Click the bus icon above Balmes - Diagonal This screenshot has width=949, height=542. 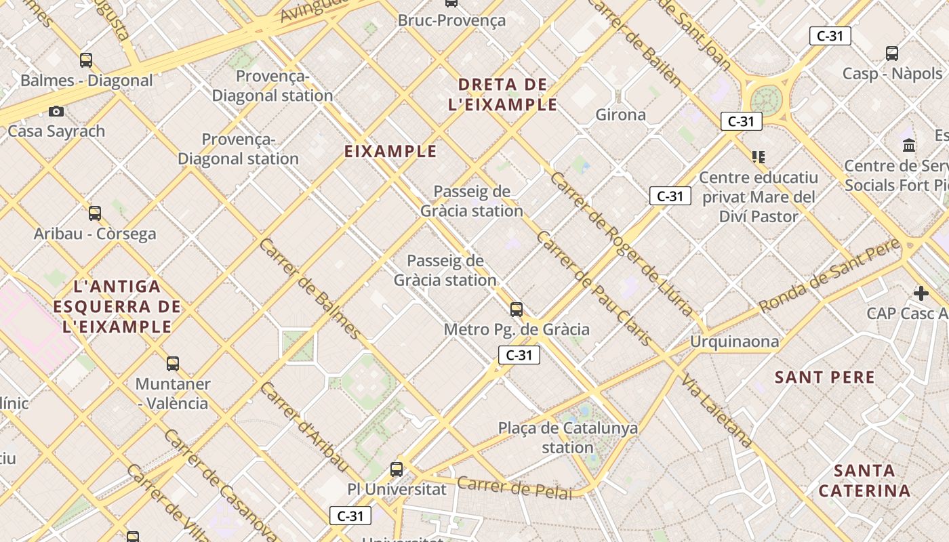(x=86, y=60)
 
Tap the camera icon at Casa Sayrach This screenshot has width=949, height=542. (x=56, y=111)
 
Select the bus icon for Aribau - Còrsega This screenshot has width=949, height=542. (x=95, y=213)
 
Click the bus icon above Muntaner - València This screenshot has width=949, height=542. (x=173, y=363)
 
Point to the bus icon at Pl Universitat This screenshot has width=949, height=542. (x=397, y=469)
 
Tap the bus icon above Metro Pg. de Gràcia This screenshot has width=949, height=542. (x=517, y=310)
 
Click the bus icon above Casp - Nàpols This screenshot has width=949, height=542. (x=892, y=53)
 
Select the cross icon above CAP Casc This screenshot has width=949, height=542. (x=921, y=293)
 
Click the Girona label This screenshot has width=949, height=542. (x=620, y=115)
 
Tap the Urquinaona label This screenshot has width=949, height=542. (x=734, y=341)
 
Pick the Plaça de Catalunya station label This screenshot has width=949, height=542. (x=568, y=438)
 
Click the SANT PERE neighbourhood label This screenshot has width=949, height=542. (x=824, y=377)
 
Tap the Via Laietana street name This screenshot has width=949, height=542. (x=717, y=410)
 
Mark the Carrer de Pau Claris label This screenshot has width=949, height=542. (x=594, y=288)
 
